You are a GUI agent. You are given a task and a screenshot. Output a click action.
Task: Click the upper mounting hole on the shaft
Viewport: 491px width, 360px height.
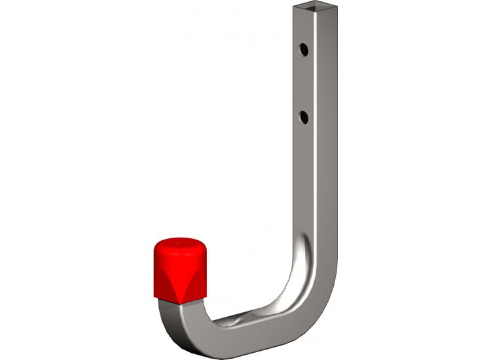coord(304,48)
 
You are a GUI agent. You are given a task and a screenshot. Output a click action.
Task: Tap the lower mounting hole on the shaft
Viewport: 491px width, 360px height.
coord(303,117)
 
